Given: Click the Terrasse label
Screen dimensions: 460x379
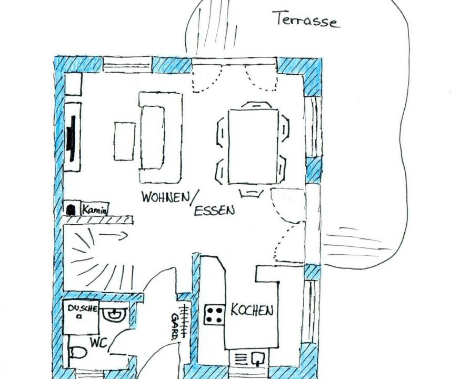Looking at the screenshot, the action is [x=307, y=20].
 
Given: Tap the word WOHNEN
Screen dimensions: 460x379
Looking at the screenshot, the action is [x=166, y=197].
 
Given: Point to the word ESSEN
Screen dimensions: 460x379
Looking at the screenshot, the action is [x=214, y=211].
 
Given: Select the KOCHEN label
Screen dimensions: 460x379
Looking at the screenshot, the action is [x=252, y=310].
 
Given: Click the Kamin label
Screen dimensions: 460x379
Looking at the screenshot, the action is [x=94, y=210].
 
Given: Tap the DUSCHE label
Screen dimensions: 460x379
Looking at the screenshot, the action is [x=82, y=308].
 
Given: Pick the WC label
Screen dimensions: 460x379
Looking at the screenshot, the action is [x=98, y=343].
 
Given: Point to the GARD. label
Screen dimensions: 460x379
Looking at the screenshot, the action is [x=175, y=326].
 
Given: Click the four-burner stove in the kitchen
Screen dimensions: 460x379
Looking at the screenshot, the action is [x=214, y=314].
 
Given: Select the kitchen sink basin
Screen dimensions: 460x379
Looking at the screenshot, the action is [x=258, y=358].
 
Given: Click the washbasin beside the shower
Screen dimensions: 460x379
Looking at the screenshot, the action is [x=115, y=314].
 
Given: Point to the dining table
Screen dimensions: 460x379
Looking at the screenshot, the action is [x=253, y=146].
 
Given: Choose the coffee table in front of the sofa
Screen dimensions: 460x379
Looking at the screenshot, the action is [x=125, y=142].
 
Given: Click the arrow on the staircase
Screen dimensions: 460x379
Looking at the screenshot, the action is [x=113, y=235].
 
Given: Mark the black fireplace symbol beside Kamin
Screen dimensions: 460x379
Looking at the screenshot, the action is [x=71, y=210].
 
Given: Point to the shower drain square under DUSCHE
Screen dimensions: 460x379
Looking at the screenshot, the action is [x=78, y=316].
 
